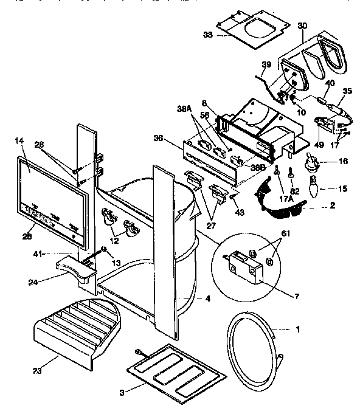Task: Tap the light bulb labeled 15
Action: click(315, 190)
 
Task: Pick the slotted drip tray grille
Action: click(79, 325)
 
